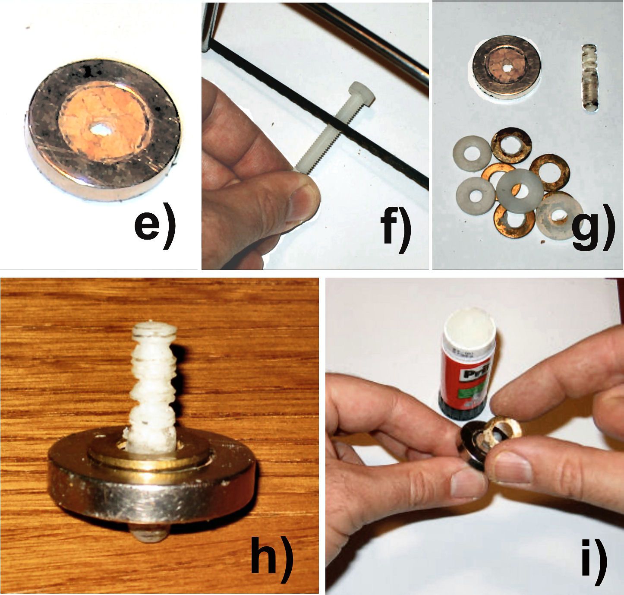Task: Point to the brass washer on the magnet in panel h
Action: (151, 458)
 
